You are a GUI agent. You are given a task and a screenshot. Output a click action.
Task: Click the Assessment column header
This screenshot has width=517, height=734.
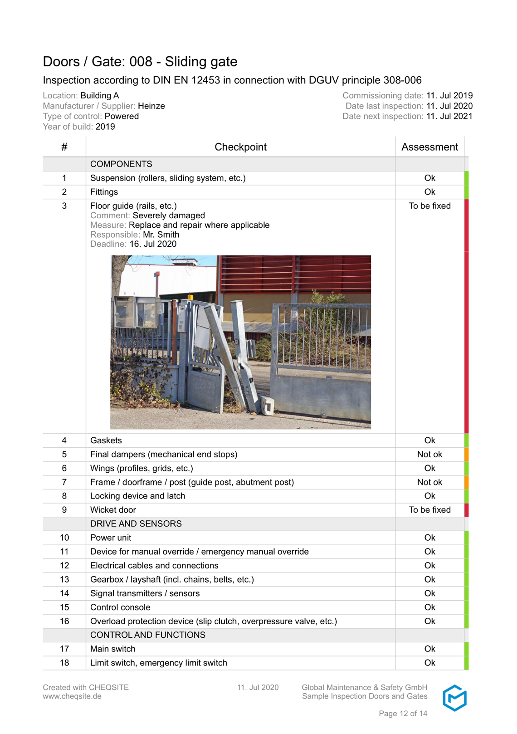coord(429,147)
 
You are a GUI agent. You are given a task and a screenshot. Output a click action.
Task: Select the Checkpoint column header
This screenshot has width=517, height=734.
coord(240,147)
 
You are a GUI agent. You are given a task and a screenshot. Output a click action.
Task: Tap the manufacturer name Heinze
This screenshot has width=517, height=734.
coord(151,106)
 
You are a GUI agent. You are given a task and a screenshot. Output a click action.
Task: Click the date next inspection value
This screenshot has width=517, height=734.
coord(449,116)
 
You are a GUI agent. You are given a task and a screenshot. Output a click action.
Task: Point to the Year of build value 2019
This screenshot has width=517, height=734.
coord(105,127)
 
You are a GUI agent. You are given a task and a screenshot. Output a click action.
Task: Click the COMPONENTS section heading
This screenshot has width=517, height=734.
coord(121,164)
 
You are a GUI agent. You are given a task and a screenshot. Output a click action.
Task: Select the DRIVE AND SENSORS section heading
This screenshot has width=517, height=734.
coord(136,524)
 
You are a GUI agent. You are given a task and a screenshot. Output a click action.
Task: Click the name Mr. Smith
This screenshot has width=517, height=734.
coord(161,235)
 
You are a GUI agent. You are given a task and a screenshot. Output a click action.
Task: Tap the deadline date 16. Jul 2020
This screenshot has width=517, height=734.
coord(153,244)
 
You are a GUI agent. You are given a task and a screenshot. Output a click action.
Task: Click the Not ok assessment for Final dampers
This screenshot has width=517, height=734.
coord(429,454)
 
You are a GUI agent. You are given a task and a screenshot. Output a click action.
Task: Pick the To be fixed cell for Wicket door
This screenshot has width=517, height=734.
coord(429,510)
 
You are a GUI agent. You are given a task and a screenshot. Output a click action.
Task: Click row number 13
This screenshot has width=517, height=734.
coord(64,579)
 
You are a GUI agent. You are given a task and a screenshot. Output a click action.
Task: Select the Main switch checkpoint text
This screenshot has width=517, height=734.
coord(112,649)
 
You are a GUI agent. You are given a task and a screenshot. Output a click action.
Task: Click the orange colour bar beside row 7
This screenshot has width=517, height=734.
coord(466,482)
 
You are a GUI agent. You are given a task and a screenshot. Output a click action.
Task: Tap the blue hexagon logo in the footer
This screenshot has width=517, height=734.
coord(454,698)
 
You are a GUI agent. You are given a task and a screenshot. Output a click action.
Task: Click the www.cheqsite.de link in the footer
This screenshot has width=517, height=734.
coord(72,696)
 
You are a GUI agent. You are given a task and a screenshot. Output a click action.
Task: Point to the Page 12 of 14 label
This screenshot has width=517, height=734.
coord(403,714)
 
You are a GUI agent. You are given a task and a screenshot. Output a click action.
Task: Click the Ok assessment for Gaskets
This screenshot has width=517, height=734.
coord(429,440)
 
